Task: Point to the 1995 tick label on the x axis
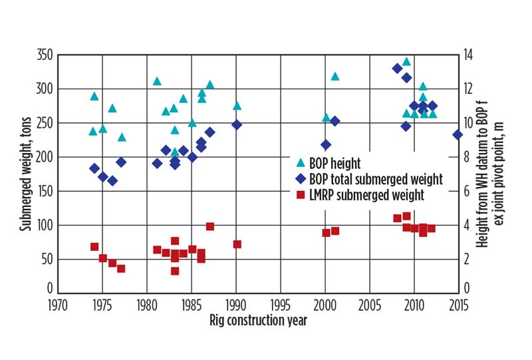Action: click(281, 305)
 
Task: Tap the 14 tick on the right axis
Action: click(469, 55)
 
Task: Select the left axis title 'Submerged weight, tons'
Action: click(25, 171)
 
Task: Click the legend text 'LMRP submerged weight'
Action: click(366, 195)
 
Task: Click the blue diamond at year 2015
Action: click(458, 134)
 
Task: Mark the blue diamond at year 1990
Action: click(236, 124)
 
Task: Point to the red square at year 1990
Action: click(237, 244)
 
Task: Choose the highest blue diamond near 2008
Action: click(397, 69)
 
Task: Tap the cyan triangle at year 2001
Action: click(335, 77)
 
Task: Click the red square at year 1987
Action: click(210, 226)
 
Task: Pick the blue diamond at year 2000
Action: click(326, 144)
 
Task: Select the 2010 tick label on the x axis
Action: click(415, 305)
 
